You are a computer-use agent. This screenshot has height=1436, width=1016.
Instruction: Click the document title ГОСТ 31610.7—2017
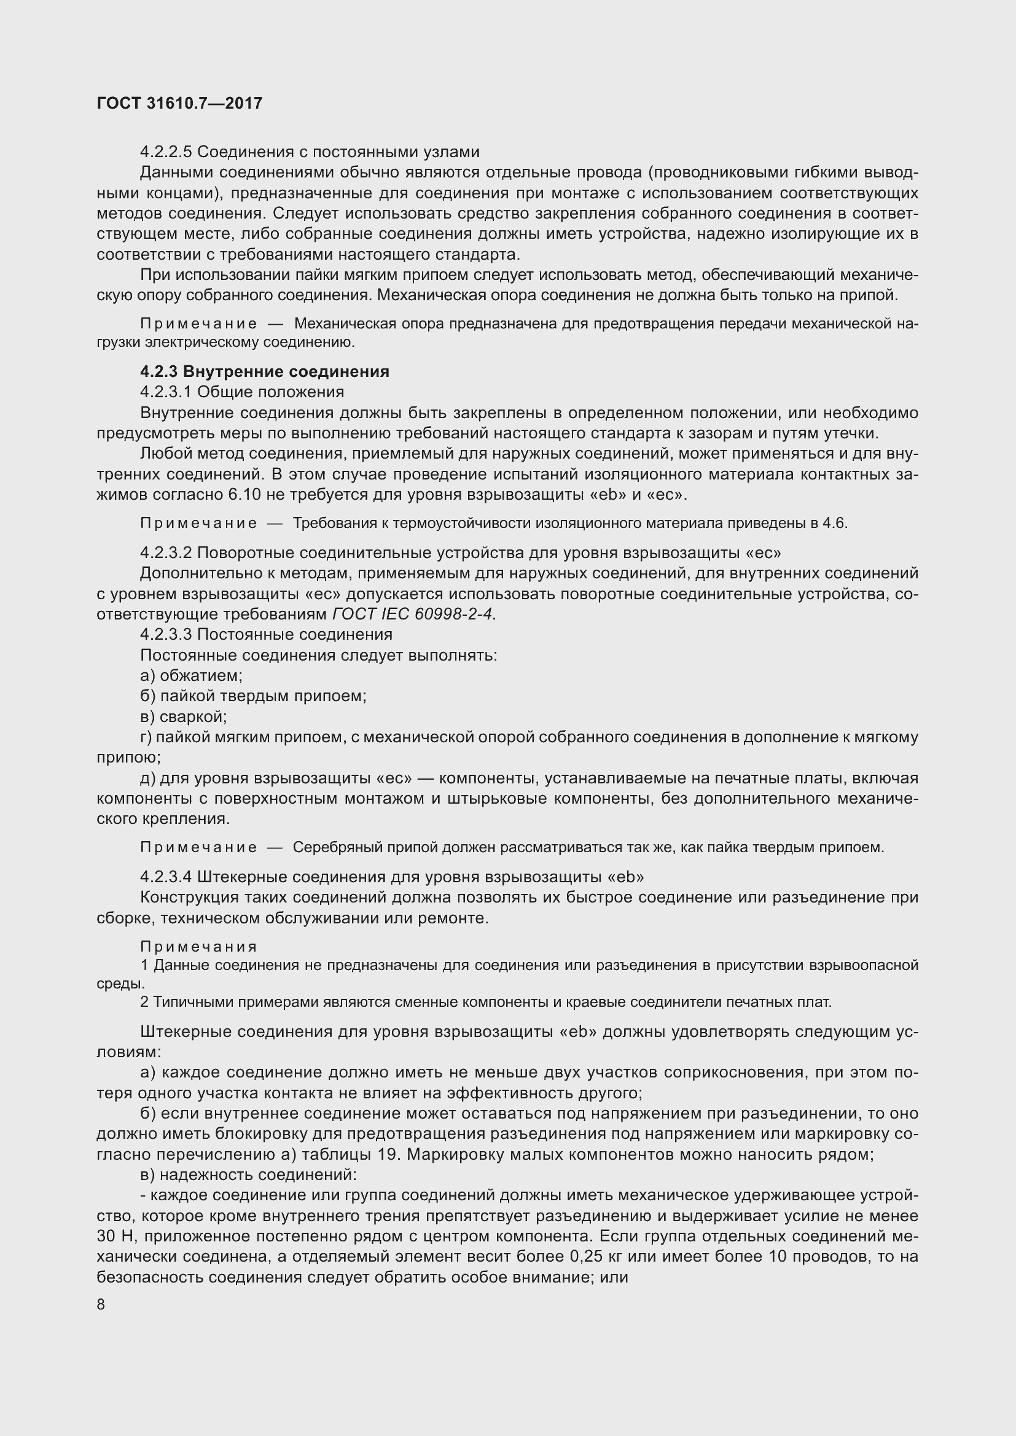pyautogui.click(x=179, y=103)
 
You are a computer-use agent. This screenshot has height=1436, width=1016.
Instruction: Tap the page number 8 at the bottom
pyautogui.click(x=101, y=1305)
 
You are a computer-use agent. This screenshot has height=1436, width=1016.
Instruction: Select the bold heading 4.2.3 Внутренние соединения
pyautogui.click(x=265, y=371)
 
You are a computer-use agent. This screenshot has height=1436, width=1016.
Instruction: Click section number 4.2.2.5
pyautogui.click(x=166, y=152)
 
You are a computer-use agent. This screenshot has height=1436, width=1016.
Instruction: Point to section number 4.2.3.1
pyautogui.click(x=166, y=392)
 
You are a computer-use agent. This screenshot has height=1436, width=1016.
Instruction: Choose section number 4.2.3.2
pyautogui.click(x=166, y=553)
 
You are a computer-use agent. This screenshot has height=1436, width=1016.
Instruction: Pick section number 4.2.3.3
pyautogui.click(x=166, y=634)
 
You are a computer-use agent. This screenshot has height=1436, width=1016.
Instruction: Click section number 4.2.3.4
pyautogui.click(x=166, y=877)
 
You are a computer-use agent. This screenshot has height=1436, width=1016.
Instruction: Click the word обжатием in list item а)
pyautogui.click(x=201, y=675)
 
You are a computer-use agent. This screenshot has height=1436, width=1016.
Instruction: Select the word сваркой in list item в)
pyautogui.click(x=193, y=716)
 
